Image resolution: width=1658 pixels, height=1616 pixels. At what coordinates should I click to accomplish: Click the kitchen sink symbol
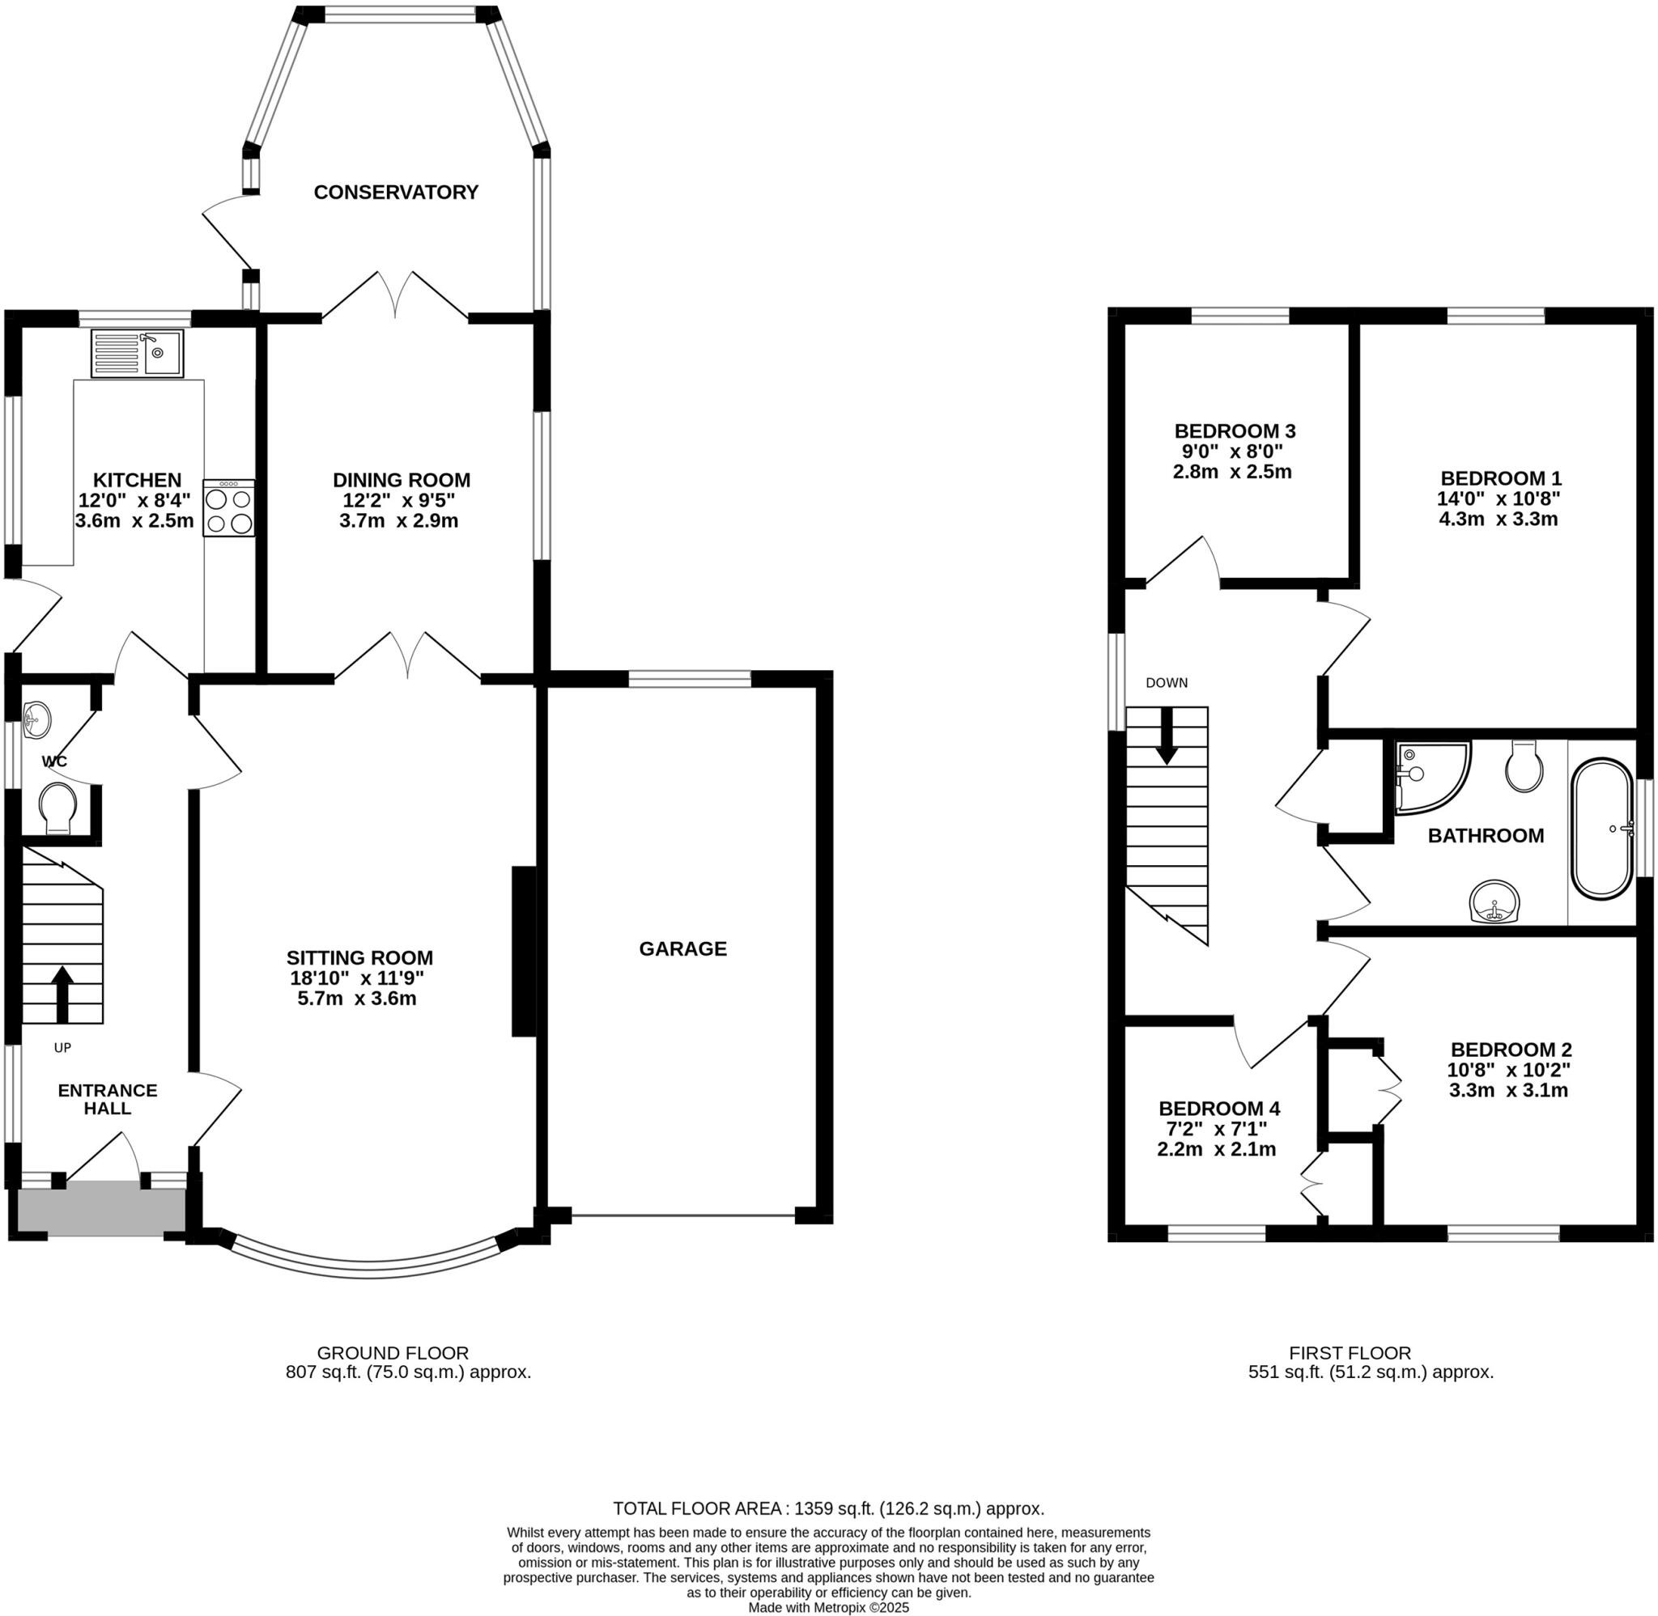tap(137, 353)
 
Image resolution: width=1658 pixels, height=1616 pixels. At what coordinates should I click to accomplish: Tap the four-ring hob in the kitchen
tap(228, 507)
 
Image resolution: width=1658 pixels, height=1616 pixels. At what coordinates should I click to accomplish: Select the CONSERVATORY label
tap(396, 193)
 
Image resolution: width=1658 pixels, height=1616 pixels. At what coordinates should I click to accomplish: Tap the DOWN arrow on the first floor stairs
tap(1167, 735)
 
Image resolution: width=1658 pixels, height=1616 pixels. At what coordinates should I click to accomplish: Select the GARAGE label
tap(682, 948)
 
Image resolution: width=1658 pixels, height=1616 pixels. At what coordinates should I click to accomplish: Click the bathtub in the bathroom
tap(1601, 829)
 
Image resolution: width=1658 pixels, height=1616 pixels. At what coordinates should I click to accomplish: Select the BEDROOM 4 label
tap(1218, 1109)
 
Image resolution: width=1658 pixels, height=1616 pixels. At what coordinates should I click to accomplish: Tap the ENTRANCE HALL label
tap(107, 1099)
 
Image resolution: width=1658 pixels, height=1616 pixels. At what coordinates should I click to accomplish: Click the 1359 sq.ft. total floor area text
tap(827, 1508)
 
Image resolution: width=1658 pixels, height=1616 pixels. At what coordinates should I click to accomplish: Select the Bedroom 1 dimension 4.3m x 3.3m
tap(1498, 520)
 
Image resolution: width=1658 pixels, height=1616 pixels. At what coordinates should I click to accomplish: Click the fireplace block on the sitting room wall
tap(523, 951)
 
